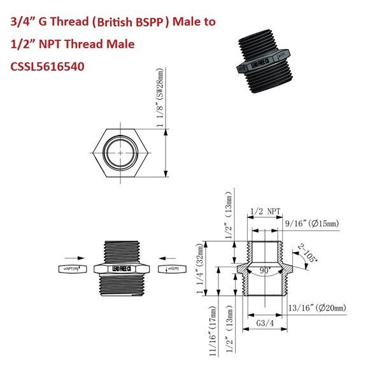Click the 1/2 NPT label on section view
pos(266,211)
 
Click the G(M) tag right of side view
pos(171,268)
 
